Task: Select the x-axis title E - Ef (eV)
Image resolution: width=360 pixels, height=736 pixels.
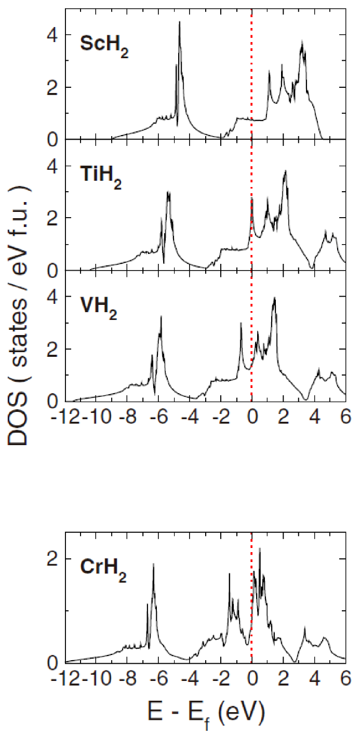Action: pyautogui.click(x=205, y=713)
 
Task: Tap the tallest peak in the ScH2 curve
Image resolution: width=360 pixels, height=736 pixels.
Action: pyautogui.click(x=180, y=22)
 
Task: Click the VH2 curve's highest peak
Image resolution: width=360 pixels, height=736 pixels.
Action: pyautogui.click(x=274, y=298)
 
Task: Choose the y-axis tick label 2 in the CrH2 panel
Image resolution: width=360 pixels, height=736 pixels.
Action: pyautogui.click(x=48, y=559)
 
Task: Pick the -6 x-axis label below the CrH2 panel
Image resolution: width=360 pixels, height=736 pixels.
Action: pyautogui.click(x=154, y=678)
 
